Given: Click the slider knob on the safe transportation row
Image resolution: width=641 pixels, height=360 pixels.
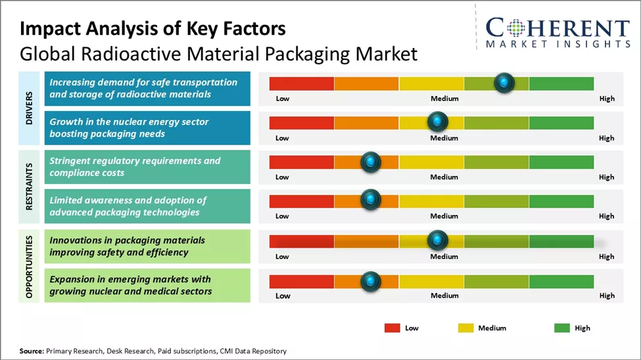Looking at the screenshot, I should click(x=504, y=83).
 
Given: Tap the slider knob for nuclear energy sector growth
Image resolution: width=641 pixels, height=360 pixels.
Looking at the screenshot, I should click(x=437, y=122).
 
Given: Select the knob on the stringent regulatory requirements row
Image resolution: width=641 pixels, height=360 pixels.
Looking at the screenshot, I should click(x=371, y=162).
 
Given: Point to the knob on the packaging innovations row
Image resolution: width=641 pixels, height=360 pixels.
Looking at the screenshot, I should click(x=437, y=240).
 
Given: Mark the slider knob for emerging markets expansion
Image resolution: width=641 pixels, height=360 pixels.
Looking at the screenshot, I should click(x=371, y=281).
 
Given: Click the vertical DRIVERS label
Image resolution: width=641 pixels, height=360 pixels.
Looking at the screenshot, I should click(x=30, y=108).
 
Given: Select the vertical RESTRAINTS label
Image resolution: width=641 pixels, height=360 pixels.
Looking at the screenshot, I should click(x=30, y=187).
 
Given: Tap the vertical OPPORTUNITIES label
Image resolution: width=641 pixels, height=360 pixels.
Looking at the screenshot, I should click(x=30, y=265).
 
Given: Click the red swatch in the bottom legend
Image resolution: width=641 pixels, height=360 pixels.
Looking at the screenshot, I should click(x=392, y=327).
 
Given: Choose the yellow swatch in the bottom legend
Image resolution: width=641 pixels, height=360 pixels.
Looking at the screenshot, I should click(x=464, y=327).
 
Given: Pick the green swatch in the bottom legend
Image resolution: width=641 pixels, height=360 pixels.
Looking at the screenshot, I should click(x=562, y=327).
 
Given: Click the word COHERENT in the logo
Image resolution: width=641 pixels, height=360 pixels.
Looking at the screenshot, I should click(x=558, y=28).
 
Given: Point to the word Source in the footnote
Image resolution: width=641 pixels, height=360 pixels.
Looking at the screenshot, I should click(x=32, y=351).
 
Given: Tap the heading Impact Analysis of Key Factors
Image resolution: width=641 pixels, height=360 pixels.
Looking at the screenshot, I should click(x=153, y=30).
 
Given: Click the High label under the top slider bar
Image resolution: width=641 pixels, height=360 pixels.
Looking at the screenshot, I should click(x=607, y=99).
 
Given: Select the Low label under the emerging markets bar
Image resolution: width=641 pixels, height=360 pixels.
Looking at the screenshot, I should click(x=283, y=296).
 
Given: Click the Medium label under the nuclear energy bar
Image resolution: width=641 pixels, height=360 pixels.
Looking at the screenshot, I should click(x=444, y=138).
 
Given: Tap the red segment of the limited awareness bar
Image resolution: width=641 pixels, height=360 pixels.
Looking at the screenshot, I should click(x=302, y=201).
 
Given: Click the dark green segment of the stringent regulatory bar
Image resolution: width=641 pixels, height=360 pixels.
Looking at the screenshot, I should click(x=561, y=162).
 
